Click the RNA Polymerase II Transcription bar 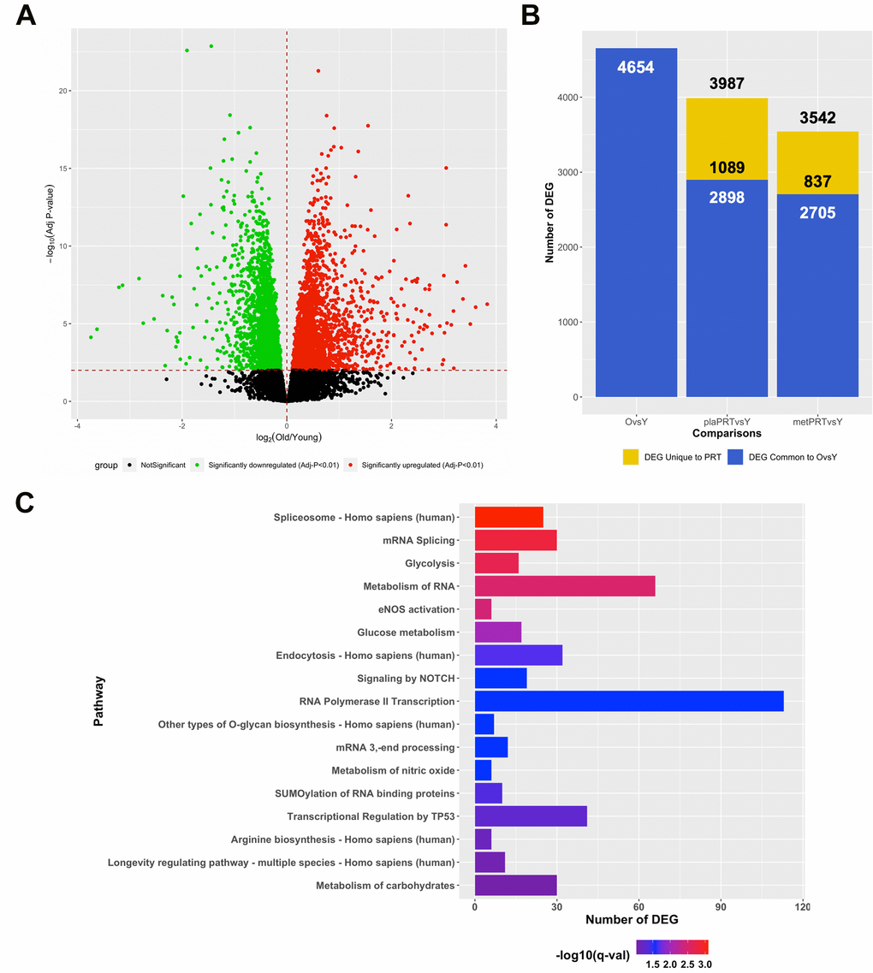click(x=629, y=702)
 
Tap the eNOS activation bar click(x=483, y=609)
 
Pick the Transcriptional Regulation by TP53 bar click(x=531, y=816)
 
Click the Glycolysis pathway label click(x=430, y=564)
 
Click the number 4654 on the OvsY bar click(x=636, y=67)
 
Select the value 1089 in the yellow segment click(x=727, y=168)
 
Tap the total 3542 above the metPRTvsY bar click(x=817, y=118)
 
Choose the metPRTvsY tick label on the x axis click(x=817, y=421)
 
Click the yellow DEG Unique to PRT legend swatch click(x=631, y=458)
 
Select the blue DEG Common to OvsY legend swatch click(x=734, y=458)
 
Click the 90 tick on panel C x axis click(x=721, y=905)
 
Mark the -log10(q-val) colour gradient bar click(x=672, y=947)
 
